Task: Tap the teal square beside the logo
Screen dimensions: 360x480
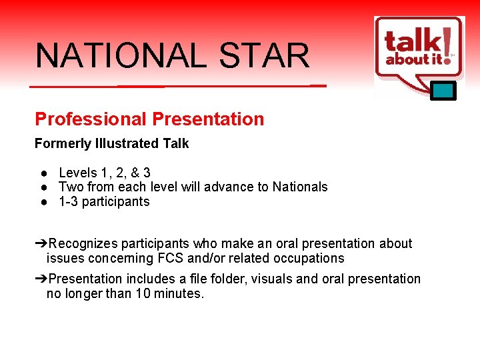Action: pyautogui.click(x=443, y=90)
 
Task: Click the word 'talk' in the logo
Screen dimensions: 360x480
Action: pyautogui.click(x=412, y=42)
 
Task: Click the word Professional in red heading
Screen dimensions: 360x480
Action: pyautogui.click(x=91, y=119)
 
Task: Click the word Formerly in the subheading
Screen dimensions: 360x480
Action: pyautogui.click(x=61, y=143)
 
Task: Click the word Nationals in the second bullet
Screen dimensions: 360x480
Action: pyautogui.click(x=300, y=187)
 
